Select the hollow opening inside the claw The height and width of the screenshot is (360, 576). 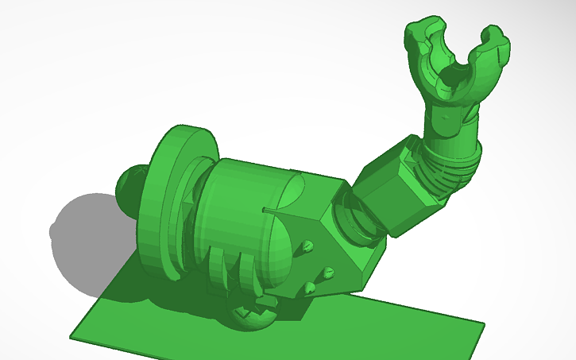click(x=455, y=75)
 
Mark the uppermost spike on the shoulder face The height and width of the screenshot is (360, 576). click(x=306, y=246)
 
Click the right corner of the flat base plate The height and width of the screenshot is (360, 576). click(x=481, y=324)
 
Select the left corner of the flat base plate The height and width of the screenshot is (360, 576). click(x=73, y=337)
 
